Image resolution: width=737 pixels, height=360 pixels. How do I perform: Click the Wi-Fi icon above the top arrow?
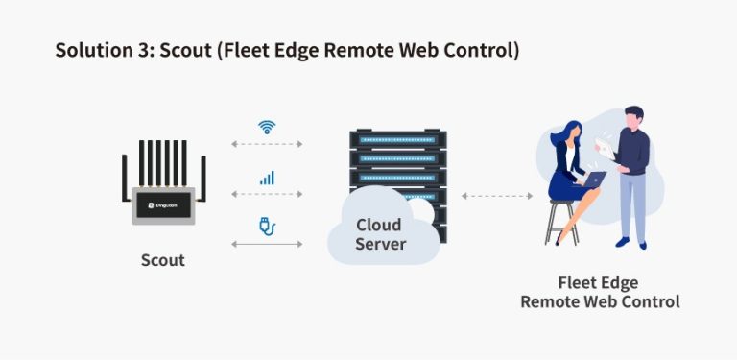click(x=267, y=127)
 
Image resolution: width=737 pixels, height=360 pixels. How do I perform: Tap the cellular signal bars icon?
click(x=267, y=178)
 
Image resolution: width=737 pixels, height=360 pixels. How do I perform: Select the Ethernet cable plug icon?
click(x=267, y=227)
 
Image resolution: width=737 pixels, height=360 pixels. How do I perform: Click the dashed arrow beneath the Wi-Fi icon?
click(x=267, y=145)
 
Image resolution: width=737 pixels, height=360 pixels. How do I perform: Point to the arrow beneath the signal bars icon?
click(x=267, y=195)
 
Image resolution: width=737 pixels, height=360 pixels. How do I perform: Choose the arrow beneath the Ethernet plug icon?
click(x=267, y=245)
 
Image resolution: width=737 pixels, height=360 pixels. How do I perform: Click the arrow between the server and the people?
click(x=496, y=195)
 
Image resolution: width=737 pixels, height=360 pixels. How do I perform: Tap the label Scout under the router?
click(x=162, y=260)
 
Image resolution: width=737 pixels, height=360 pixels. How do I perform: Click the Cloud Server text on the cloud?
click(x=380, y=234)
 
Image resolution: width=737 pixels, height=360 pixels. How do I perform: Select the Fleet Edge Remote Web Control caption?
click(x=599, y=292)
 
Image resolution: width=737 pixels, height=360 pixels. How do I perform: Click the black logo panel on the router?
click(x=162, y=205)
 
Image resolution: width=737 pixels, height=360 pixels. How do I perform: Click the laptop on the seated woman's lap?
click(x=596, y=179)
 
